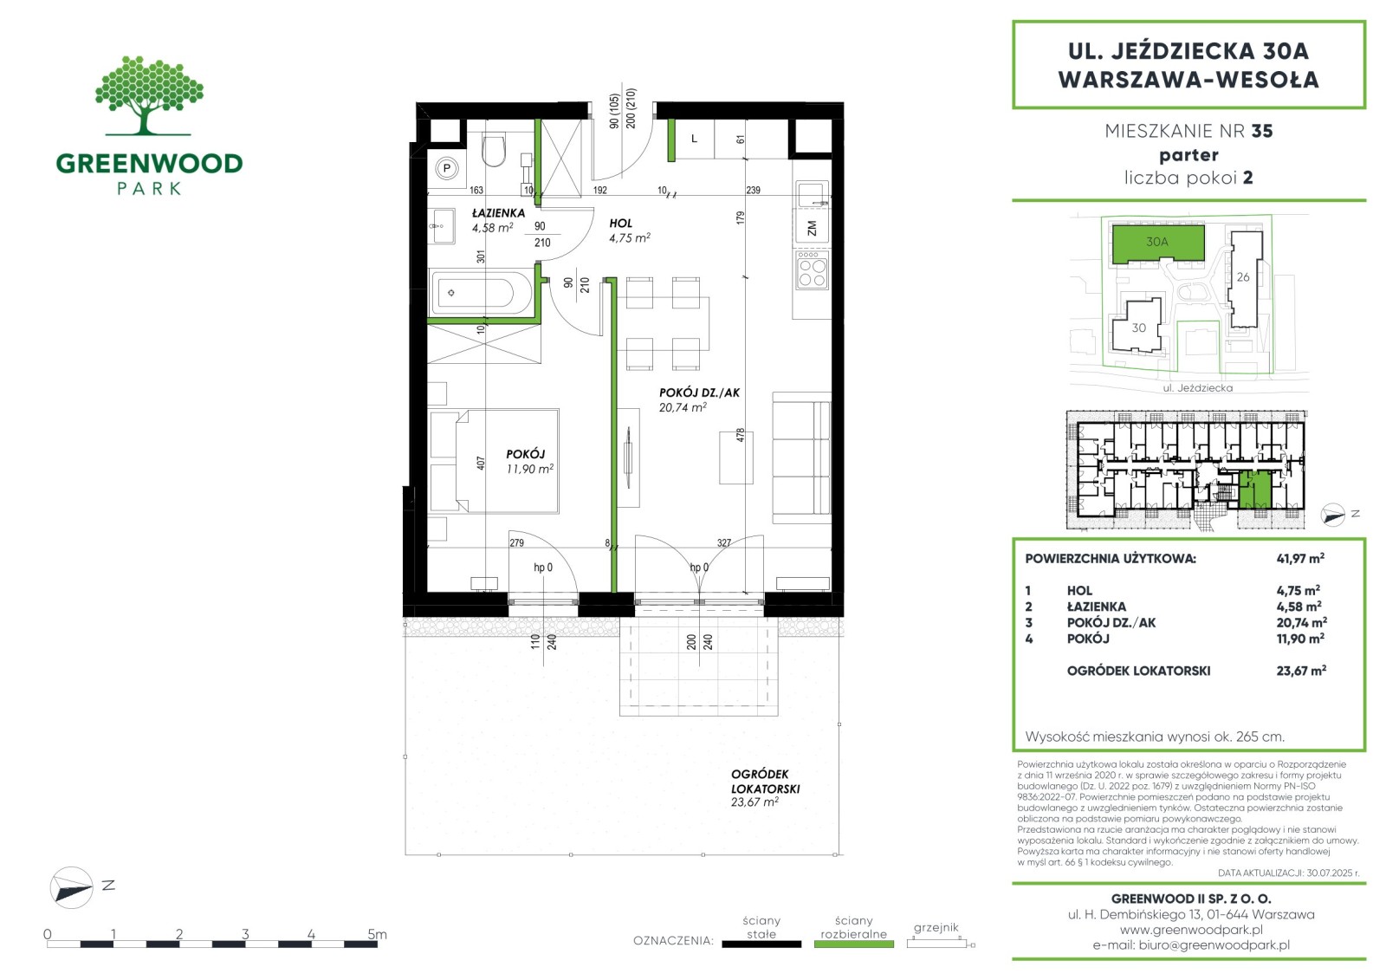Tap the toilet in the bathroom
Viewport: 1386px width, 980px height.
coord(493,150)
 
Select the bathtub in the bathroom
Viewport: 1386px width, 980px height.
coord(480,292)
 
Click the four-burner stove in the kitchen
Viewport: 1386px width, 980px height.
coord(812,269)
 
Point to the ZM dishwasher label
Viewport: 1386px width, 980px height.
coord(812,228)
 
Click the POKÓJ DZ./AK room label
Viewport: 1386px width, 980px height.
coord(699,393)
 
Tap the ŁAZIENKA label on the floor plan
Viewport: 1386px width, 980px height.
coord(498,213)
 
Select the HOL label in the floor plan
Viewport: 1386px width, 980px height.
coord(620,223)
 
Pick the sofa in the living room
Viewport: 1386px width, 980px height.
coord(801,458)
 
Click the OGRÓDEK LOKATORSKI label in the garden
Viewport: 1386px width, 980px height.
coord(766,782)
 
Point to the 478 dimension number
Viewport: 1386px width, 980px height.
coord(740,435)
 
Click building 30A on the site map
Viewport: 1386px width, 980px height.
coord(1157,243)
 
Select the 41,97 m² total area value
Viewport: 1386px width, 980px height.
coord(1300,558)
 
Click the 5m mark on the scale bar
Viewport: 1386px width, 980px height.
coord(377,933)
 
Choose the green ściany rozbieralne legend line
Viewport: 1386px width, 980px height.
coord(853,944)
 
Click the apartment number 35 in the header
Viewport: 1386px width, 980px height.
coord(1261,131)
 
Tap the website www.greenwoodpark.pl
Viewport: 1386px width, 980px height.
coord(1191,929)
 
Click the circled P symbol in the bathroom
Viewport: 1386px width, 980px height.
coord(447,168)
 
